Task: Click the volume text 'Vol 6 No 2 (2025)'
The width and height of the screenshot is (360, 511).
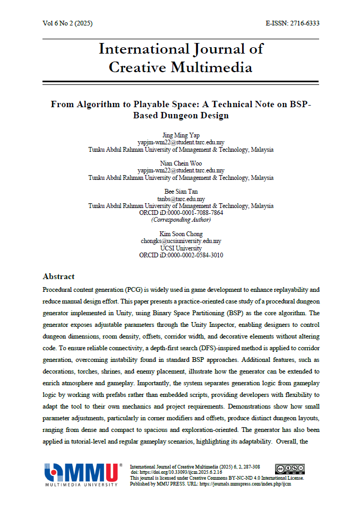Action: tap(67, 23)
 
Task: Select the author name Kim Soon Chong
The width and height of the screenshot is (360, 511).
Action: tap(181, 234)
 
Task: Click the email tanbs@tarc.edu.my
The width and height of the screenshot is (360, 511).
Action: tap(181, 199)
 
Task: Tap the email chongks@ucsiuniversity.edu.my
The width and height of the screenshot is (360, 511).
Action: tap(181, 241)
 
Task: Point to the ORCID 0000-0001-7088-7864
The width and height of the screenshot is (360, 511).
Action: tap(194, 213)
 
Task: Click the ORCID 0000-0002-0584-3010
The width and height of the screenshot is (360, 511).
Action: tap(194, 255)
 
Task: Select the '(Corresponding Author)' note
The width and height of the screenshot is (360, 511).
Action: tap(181, 220)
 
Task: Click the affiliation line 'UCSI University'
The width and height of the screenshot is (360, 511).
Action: tap(181, 248)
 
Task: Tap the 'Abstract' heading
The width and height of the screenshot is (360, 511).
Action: tap(58, 276)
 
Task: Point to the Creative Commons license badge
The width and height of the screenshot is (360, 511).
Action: tap(289, 469)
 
